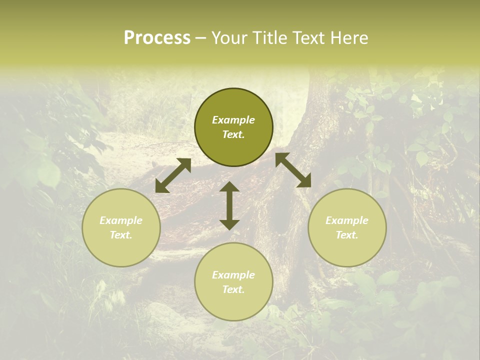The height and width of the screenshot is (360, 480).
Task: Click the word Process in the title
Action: [157, 38]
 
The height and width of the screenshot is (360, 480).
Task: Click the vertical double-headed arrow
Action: [229, 205]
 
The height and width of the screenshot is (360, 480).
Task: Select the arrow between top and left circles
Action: [173, 175]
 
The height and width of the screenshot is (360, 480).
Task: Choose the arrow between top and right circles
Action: [293, 170]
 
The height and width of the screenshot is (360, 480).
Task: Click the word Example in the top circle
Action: [233, 120]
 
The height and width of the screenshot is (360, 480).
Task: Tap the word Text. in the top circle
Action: [233, 134]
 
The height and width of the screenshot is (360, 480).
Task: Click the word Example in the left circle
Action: [121, 220]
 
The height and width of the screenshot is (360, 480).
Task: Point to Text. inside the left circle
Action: [121, 235]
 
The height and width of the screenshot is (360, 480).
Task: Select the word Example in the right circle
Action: [347, 220]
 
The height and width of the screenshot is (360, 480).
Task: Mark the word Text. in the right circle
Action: [347, 235]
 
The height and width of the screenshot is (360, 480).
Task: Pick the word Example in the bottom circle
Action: [233, 275]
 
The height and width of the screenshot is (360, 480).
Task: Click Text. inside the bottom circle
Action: [233, 289]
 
